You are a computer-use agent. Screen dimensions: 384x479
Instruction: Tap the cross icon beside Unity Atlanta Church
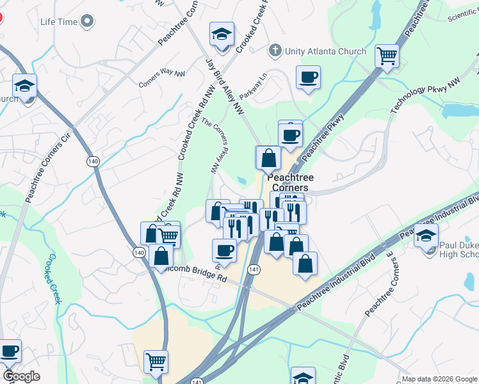coord(275,51)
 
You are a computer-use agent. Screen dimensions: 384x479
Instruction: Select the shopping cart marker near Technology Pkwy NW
coord(387,56)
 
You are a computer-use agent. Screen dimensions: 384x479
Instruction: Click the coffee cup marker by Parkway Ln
coord(308,77)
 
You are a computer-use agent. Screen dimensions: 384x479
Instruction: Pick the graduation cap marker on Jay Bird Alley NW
coord(222,35)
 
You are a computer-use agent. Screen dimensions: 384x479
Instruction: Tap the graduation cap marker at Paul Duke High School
coord(426,236)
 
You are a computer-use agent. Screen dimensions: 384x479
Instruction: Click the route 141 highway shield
coord(254,269)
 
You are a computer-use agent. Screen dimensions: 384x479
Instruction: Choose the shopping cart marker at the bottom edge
coord(156,362)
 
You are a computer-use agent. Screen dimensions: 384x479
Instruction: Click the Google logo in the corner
coord(20,377)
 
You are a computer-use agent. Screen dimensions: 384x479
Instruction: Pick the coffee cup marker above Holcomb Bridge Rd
coord(224,250)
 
